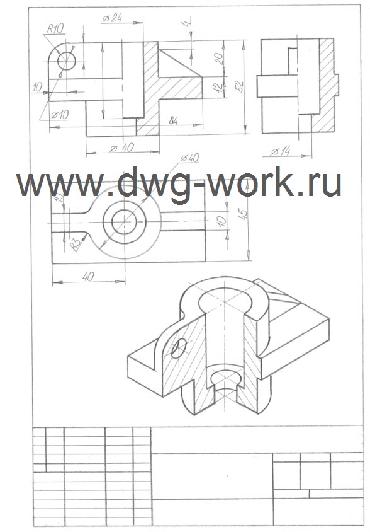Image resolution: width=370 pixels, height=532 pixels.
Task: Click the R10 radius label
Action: (x=55, y=28)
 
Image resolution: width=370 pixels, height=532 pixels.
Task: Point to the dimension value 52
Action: (x=240, y=87)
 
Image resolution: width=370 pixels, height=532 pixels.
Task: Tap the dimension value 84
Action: (x=173, y=120)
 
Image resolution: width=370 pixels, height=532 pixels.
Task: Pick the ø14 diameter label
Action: (x=281, y=152)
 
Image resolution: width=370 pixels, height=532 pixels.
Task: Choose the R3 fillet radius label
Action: (x=76, y=244)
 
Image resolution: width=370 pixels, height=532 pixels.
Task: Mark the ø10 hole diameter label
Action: (x=60, y=115)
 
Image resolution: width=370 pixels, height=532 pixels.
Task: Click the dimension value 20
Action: (x=219, y=59)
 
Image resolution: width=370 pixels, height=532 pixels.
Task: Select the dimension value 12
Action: (x=220, y=87)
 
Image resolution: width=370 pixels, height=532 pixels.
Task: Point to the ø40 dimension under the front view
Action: (x=122, y=148)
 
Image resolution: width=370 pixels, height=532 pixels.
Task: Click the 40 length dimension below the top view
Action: (x=88, y=277)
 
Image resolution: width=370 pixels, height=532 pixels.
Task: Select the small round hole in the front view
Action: (x=67, y=61)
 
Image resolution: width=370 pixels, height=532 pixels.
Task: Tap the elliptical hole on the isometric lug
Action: (x=179, y=348)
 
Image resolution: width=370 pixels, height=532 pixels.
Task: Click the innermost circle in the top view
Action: (x=124, y=223)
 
